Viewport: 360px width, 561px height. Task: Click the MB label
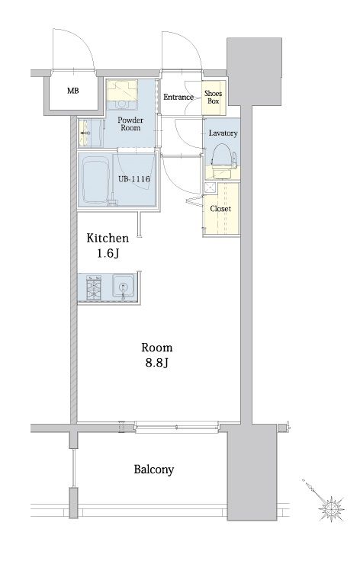[x=73, y=91]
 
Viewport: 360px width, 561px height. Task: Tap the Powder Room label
[x=130, y=123]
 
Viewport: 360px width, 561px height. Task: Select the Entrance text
[x=178, y=97]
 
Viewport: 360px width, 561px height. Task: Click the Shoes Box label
[x=214, y=97]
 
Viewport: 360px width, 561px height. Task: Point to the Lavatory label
[x=223, y=133]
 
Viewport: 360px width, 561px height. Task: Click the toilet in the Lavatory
[x=223, y=161]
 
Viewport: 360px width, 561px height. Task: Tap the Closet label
[x=220, y=209]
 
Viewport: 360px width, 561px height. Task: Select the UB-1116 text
[x=134, y=179]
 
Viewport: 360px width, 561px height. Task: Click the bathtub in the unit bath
[x=95, y=181]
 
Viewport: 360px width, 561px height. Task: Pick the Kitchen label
[x=108, y=238]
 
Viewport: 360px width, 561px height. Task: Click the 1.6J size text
[x=108, y=254]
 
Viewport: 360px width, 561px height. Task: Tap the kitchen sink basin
[x=124, y=286]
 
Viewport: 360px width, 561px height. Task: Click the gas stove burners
[x=94, y=287]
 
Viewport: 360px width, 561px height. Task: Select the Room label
[x=157, y=348]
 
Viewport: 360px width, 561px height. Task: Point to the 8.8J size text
[x=157, y=363]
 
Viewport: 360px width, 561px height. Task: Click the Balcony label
[x=154, y=470]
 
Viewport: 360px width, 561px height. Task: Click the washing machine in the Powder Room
[x=122, y=94]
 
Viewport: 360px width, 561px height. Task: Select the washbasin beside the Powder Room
[x=85, y=133]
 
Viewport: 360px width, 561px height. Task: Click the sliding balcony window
[x=176, y=427]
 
